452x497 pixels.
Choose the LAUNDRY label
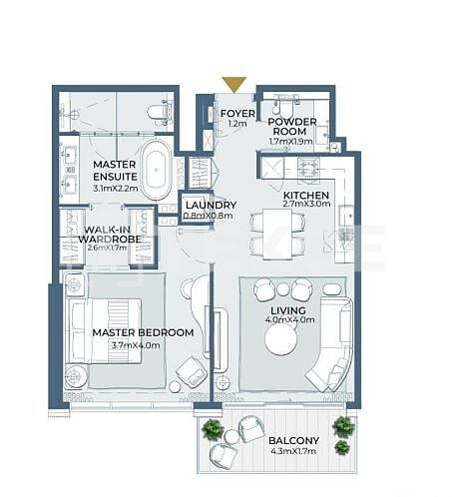click(211, 205)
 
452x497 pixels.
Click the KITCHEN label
click(306, 196)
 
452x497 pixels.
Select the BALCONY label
click(293, 440)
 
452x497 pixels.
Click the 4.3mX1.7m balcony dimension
click(293, 452)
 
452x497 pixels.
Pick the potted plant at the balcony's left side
click(212, 430)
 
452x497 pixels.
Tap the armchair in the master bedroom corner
click(189, 372)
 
